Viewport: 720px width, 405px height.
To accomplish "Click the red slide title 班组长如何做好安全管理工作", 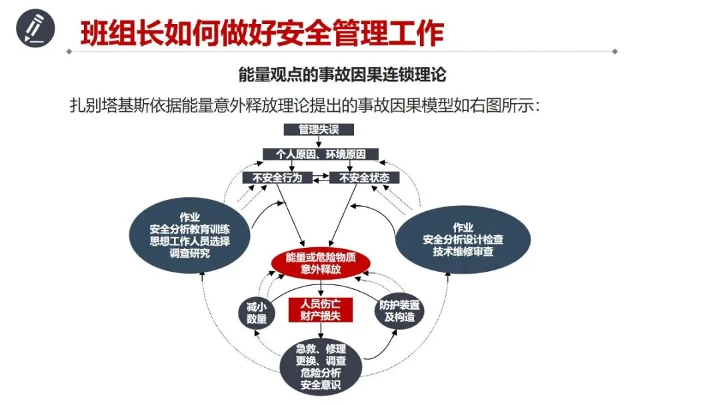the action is pyautogui.click(x=261, y=33).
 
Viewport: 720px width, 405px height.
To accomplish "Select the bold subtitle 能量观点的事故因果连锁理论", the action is pyautogui.click(x=342, y=73).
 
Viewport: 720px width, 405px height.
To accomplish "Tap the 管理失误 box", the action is pyautogui.click(x=319, y=130).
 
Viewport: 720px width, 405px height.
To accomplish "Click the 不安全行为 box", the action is pyautogui.click(x=277, y=178).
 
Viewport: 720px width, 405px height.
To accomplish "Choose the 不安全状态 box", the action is pyautogui.click(x=364, y=178).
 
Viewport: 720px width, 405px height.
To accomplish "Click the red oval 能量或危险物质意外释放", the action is pyautogui.click(x=321, y=263).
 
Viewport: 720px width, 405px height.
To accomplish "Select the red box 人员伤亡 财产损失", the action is pyautogui.click(x=321, y=309).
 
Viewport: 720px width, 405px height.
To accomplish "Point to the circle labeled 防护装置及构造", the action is pyautogui.click(x=399, y=310).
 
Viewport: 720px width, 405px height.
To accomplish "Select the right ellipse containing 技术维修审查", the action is pyautogui.click(x=463, y=239).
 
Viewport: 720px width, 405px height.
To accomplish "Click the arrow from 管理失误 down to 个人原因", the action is pyautogui.click(x=319, y=142).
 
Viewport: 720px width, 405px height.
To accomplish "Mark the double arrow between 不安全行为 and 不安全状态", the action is pyautogui.click(x=320, y=178).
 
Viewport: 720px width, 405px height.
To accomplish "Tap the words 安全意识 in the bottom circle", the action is pyautogui.click(x=321, y=386).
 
